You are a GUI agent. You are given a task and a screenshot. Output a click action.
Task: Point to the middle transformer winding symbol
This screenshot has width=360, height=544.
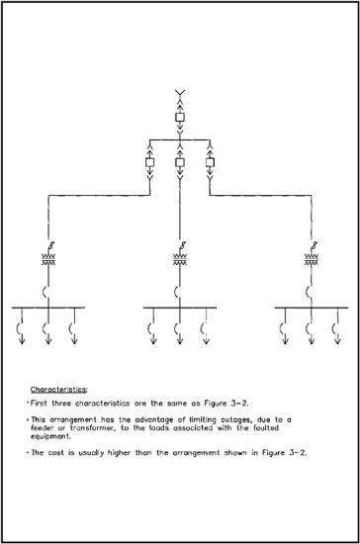click(x=180, y=260)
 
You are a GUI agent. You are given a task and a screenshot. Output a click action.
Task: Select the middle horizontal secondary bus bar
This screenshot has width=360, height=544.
click(x=179, y=308)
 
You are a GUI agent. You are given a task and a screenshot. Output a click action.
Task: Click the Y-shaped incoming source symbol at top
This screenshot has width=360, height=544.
click(x=180, y=95)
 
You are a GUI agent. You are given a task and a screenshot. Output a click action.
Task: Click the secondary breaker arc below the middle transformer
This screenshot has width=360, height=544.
click(x=178, y=291)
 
